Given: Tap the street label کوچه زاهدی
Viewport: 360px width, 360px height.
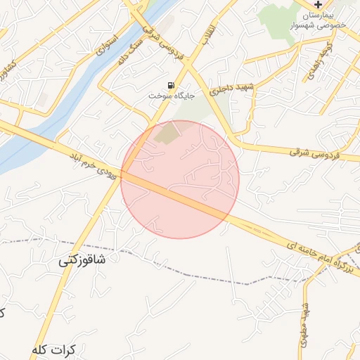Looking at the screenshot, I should pos(309,62).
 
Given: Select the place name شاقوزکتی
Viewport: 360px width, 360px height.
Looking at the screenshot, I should pos(82,261).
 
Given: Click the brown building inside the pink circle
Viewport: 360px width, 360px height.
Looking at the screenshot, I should pos(167,133).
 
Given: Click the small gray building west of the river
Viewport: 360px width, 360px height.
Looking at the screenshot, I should pos(43,100).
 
